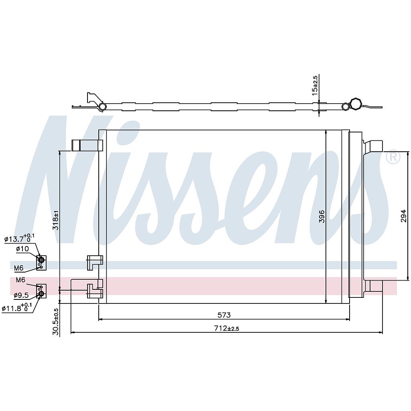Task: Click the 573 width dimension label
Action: click(x=224, y=315)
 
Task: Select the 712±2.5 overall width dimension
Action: click(x=227, y=328)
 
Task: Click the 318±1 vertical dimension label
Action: click(x=56, y=220)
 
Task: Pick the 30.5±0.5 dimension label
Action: click(x=56, y=321)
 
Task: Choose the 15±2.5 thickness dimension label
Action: click(x=315, y=84)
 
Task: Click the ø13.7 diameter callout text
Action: click(x=19, y=239)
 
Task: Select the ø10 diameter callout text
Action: click(x=22, y=249)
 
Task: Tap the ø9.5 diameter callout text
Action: click(x=20, y=295)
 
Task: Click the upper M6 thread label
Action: click(x=19, y=268)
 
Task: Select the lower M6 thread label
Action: click(x=21, y=280)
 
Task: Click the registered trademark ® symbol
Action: click(x=393, y=157)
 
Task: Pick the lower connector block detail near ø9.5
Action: click(x=41, y=291)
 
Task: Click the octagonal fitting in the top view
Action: click(x=355, y=104)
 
